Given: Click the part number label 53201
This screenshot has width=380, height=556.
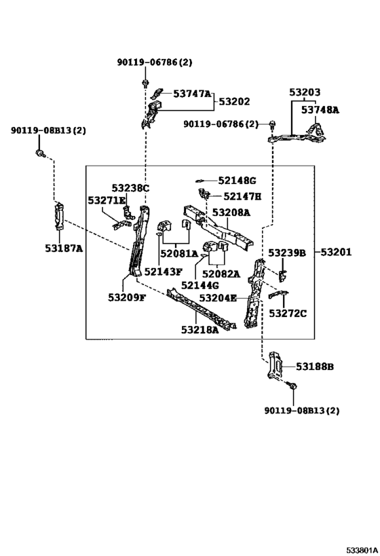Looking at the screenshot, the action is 336,252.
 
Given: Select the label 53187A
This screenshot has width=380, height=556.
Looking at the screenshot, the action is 64,248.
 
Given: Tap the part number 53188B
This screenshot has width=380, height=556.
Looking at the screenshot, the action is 315,367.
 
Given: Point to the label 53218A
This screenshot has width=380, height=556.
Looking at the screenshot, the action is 200,330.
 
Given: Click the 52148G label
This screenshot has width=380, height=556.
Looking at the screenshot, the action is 237,181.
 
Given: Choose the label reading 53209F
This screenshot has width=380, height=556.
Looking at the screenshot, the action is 127,297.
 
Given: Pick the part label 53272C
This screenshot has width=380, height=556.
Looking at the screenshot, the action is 288,314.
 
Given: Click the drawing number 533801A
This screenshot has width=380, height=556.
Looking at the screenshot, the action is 362,551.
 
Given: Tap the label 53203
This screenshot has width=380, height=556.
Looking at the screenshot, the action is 305,92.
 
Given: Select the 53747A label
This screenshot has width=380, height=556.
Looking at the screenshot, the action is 192,94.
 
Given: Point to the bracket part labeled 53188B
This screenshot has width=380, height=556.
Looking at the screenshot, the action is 275,365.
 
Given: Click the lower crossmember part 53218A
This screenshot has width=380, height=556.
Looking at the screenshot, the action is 201,308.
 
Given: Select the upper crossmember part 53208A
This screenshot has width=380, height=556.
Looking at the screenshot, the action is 218,227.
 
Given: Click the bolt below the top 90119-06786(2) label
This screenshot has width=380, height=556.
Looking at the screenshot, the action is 145,84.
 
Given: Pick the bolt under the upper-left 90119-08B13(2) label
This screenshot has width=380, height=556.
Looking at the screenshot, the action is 40,153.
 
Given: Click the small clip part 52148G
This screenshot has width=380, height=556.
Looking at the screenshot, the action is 200,181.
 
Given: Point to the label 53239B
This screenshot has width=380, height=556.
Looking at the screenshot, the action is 287,253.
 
